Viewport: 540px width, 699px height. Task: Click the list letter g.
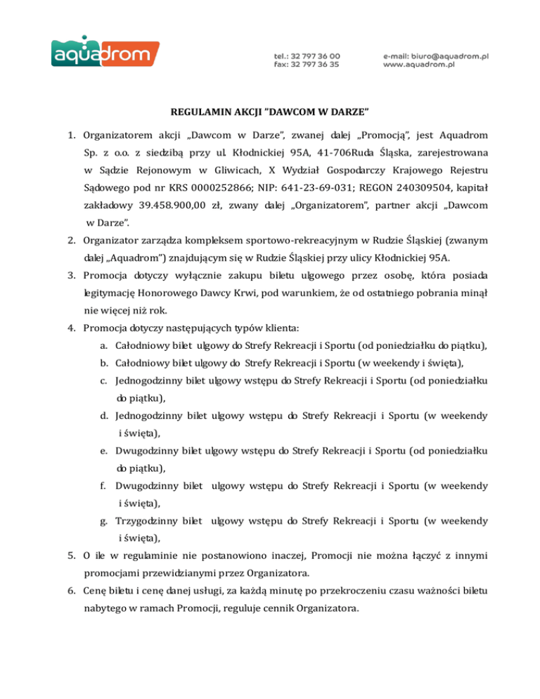[x=103, y=521]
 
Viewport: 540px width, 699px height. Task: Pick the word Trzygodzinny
[x=145, y=521]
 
